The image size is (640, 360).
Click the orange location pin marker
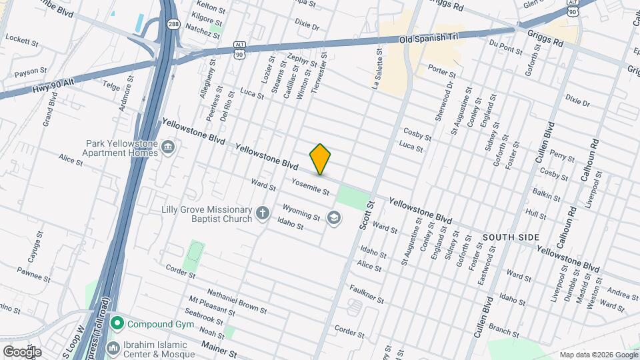point(321,159)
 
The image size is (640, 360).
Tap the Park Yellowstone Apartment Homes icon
point(168,147)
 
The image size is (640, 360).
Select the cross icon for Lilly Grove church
point(263,214)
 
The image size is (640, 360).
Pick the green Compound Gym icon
point(118,325)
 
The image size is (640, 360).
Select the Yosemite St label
point(311,186)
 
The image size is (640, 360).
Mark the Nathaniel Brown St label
point(237,301)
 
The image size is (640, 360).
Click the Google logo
point(22,351)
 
